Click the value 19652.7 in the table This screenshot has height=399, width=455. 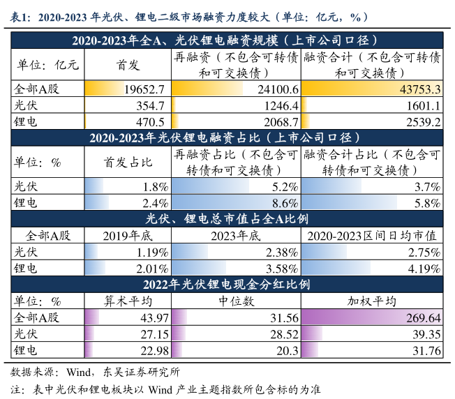[142, 89]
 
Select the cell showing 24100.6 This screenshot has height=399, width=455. [277, 89]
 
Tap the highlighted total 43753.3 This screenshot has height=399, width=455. [419, 89]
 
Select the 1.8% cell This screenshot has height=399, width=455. [154, 187]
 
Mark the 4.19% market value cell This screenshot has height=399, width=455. [426, 268]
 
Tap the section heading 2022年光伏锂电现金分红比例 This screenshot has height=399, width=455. [227, 285]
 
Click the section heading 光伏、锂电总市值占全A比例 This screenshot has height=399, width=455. [227, 219]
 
